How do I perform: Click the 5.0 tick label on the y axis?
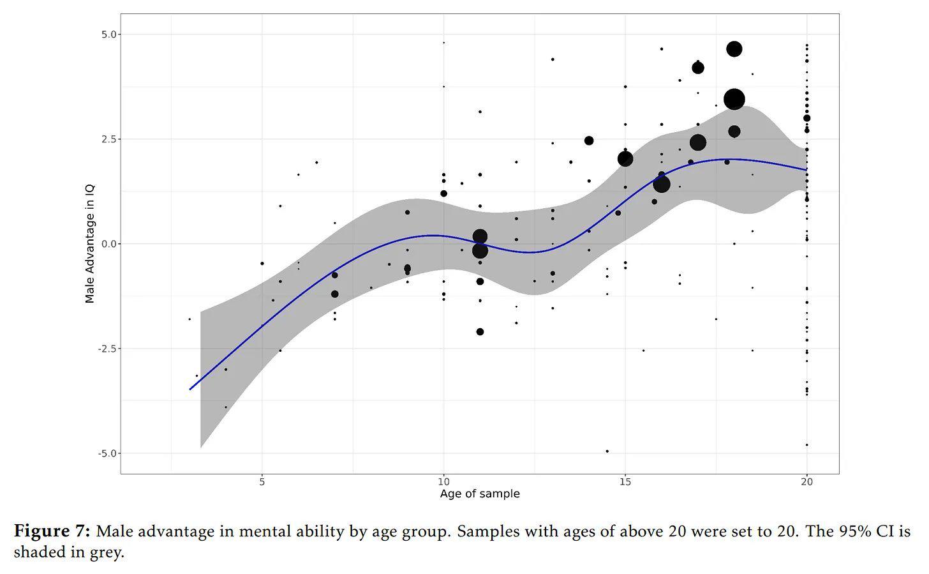(109, 34)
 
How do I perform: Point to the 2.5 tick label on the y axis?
(109, 139)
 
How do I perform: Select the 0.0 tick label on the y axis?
(109, 244)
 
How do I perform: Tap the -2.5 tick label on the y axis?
(108, 349)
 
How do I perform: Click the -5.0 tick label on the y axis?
(108, 453)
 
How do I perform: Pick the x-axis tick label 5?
(262, 482)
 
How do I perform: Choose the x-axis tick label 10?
(443, 482)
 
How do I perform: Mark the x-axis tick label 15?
(625, 482)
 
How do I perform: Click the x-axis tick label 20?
(807, 482)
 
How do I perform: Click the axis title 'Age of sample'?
(480, 494)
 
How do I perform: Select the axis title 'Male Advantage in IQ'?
(90, 244)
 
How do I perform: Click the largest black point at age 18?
(734, 99)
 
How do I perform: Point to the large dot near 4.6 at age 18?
(734, 49)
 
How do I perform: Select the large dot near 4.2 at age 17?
(698, 68)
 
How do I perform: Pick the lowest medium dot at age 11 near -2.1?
(480, 332)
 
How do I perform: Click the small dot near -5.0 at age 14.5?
(607, 451)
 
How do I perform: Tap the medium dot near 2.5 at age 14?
(589, 140)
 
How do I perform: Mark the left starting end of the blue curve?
(190, 389)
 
